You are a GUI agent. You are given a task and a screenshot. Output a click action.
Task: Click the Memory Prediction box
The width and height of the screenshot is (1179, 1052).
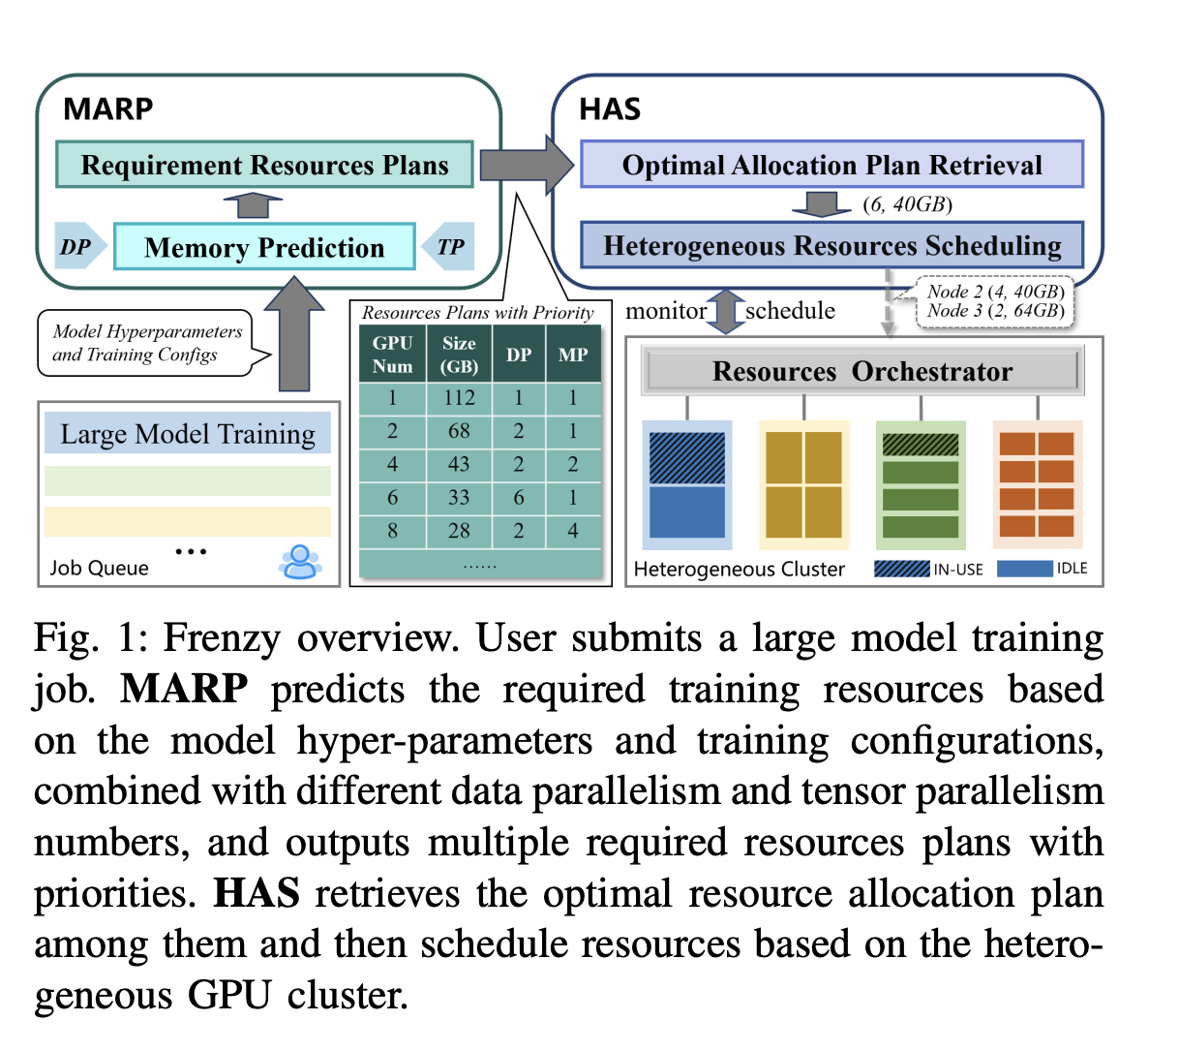264,247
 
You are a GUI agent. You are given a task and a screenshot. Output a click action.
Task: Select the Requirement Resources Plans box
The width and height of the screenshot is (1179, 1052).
264,165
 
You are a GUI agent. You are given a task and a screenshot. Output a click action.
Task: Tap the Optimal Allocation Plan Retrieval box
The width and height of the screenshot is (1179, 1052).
832,165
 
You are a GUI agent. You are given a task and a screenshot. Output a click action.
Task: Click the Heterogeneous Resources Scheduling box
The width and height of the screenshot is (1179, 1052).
832,245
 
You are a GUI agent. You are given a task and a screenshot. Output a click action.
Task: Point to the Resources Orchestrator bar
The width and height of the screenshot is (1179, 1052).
862,371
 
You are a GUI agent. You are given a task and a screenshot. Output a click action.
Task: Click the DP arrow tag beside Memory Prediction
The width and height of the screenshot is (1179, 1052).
80,246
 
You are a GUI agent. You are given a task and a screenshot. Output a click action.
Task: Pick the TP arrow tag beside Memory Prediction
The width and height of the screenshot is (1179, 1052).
448,246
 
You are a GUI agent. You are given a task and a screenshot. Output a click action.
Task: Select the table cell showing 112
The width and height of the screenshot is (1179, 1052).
459,398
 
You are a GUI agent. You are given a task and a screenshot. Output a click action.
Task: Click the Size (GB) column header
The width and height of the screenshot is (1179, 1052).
459,355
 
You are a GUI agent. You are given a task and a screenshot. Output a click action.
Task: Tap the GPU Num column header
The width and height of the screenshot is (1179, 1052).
392,355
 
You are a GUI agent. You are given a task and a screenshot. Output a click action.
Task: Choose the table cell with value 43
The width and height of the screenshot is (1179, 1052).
459,464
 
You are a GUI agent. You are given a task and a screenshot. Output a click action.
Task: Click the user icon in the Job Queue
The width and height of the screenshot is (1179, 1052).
300,562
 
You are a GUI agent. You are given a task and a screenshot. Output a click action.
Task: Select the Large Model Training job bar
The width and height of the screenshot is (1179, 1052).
188,433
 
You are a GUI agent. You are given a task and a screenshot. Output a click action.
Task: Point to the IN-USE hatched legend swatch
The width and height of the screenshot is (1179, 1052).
902,569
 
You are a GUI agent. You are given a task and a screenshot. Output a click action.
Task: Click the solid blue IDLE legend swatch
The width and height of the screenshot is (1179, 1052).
1025,569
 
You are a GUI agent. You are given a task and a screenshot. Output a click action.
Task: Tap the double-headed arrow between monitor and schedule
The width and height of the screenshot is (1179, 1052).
726,312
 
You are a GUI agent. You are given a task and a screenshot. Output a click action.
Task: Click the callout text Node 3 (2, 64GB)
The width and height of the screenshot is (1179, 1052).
996,311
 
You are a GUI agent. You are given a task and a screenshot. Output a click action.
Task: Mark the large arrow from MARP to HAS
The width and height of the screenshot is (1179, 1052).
527,166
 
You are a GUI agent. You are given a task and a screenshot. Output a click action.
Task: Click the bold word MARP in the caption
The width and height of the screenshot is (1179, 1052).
184,689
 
